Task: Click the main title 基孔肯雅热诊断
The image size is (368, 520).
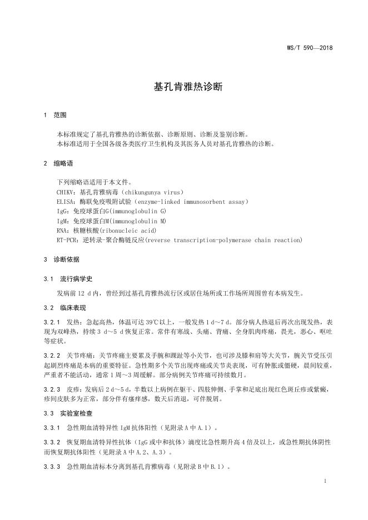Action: coord(183,88)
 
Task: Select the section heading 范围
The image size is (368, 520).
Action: coord(60,116)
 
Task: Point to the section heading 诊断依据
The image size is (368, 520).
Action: coord(66,259)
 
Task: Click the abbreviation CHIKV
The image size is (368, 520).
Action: coord(65,192)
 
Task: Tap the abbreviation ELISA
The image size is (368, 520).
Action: coord(65,202)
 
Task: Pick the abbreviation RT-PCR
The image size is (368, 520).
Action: coord(66,240)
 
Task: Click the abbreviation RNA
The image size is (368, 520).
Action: coord(62,230)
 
